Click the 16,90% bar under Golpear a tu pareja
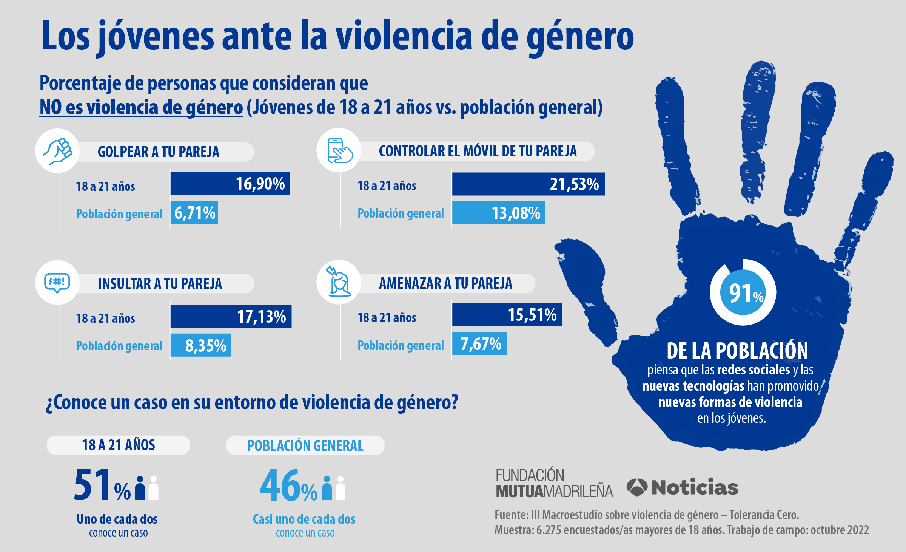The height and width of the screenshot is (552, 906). point(230,184)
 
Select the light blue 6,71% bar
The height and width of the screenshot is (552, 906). point(194,212)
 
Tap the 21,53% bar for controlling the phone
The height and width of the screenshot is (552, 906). point(528,184)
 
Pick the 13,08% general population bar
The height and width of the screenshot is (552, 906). point(498,213)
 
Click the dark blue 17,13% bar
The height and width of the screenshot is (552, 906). point(231,316)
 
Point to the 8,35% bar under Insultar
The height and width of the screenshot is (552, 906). point(200,345)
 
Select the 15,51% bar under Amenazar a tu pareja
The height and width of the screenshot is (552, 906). point(507,315)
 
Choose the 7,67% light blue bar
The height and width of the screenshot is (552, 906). point(479,343)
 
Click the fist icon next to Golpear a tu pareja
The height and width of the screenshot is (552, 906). point(57,151)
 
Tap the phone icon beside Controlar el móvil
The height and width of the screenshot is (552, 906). point(339,150)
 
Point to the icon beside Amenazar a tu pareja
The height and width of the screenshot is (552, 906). point(339,282)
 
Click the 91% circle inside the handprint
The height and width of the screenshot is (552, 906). point(743,292)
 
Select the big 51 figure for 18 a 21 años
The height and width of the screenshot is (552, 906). point(92,484)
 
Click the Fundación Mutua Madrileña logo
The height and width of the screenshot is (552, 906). point(554,483)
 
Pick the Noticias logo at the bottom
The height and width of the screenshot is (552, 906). point(683,487)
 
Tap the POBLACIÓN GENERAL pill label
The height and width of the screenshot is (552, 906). point(305,445)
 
